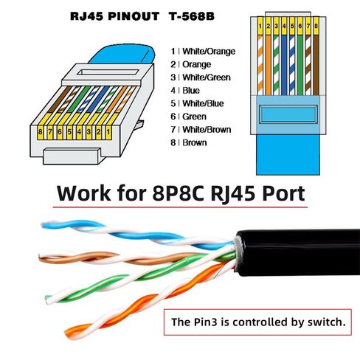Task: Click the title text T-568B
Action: click(191, 16)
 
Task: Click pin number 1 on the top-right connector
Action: click(260, 26)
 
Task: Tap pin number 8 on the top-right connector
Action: click(316, 26)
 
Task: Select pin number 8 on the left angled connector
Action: click(40, 132)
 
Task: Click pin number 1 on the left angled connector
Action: click(108, 132)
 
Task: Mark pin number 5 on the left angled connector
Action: click(69, 132)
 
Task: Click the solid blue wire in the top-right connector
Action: click(284, 65)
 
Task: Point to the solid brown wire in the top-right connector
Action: click(316, 65)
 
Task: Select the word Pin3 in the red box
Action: click(206, 322)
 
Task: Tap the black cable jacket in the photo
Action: click(297, 252)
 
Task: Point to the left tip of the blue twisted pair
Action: click(42, 225)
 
